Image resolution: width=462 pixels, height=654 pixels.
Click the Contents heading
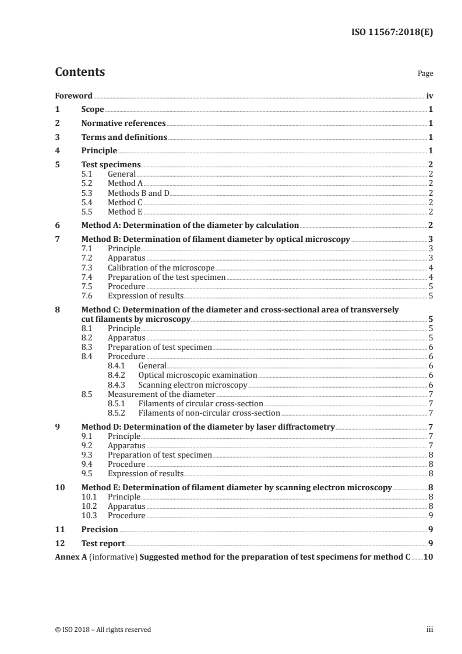(80, 72)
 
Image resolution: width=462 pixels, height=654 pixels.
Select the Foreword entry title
(73, 96)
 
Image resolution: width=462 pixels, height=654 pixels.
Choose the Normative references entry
(124, 124)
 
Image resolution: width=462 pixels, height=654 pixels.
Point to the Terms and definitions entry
(124, 138)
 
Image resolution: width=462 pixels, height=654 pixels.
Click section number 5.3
(87, 192)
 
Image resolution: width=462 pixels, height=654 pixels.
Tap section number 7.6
(87, 296)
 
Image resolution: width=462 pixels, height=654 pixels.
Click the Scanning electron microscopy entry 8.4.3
(193, 385)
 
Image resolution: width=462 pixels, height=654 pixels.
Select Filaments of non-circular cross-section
(201, 413)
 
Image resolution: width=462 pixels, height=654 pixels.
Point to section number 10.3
(89, 515)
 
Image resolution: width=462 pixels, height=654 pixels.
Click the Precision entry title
(100, 529)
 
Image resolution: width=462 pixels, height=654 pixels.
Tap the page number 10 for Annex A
(428, 557)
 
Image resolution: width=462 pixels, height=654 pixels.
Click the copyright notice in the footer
(103, 630)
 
